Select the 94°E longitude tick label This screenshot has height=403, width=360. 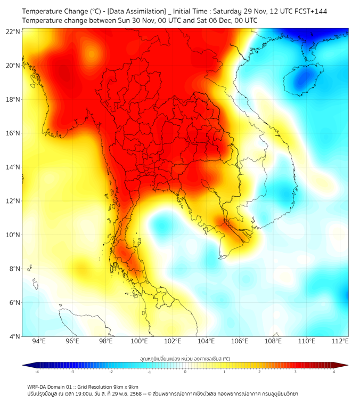tap(39, 342)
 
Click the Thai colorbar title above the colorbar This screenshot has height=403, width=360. tap(185, 358)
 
